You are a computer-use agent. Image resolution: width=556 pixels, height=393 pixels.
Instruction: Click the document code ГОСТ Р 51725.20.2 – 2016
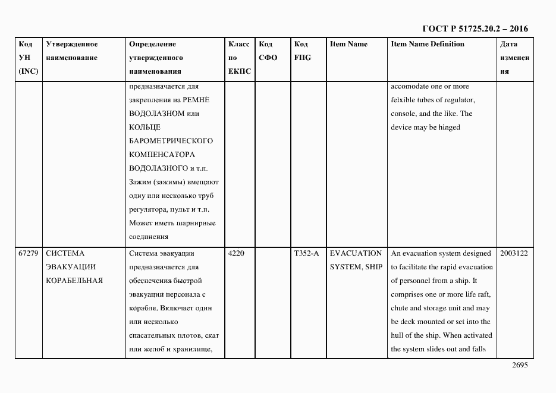[475, 29]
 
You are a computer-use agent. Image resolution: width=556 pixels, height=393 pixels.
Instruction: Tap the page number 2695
[519, 365]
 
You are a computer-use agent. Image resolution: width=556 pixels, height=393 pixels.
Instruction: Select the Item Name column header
[348, 44]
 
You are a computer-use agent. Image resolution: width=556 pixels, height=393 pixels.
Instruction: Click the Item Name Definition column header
[428, 44]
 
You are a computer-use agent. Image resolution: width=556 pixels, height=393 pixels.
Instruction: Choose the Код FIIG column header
[302, 51]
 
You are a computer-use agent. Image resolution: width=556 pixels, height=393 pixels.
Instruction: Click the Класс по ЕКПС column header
[239, 58]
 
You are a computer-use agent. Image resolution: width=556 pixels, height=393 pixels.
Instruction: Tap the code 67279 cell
[29, 253]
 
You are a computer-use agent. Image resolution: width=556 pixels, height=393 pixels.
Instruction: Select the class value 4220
[236, 253]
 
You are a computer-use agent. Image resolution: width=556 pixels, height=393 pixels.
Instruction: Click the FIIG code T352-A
[306, 253]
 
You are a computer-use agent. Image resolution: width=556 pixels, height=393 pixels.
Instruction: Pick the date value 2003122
[514, 253]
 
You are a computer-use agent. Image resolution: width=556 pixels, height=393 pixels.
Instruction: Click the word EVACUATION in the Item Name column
[356, 253]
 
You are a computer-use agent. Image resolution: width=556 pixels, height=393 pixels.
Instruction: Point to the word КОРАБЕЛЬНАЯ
[74, 281]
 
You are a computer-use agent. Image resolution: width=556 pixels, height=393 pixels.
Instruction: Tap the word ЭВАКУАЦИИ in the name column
[71, 267]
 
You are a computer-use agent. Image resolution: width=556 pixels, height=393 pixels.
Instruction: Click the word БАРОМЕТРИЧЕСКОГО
[171, 141]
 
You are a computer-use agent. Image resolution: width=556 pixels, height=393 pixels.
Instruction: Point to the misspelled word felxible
[404, 100]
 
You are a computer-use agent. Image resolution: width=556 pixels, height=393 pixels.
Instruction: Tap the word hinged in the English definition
[450, 127]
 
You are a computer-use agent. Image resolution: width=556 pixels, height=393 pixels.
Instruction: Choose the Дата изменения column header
[514, 58]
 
